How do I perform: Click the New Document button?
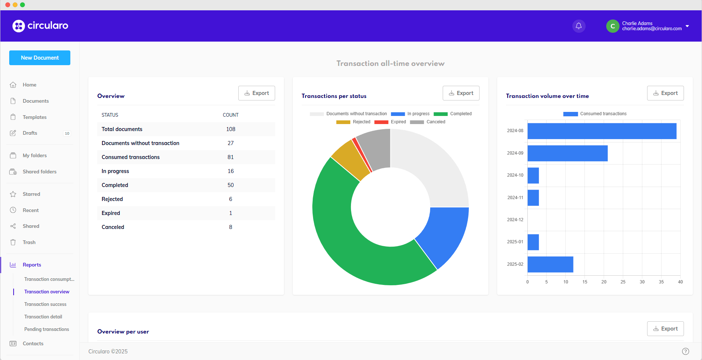(x=40, y=58)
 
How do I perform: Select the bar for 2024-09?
(x=567, y=153)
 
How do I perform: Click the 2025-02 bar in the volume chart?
(x=550, y=264)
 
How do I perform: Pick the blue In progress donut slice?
(x=442, y=236)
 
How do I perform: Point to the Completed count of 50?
(x=231, y=185)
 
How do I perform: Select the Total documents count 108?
(x=231, y=129)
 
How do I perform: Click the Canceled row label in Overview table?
(x=113, y=227)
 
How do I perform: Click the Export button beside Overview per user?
(x=665, y=329)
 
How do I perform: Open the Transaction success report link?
(x=45, y=304)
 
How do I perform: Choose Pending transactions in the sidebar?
(x=47, y=329)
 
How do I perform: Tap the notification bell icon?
(x=579, y=26)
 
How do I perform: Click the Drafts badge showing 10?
(x=67, y=134)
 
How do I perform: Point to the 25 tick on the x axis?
(x=623, y=282)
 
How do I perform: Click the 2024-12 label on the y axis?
(x=515, y=220)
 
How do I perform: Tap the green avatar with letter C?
(x=613, y=26)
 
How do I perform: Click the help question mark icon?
(x=685, y=351)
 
